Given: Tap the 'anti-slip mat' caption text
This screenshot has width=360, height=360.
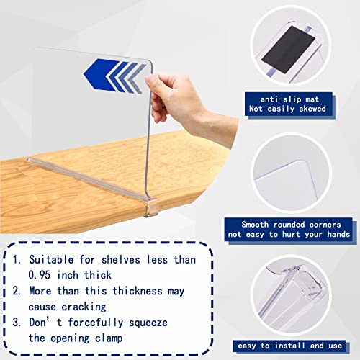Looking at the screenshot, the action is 289,99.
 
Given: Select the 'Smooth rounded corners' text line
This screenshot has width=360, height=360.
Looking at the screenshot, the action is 291,225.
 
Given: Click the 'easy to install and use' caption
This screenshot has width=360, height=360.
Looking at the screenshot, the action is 289,346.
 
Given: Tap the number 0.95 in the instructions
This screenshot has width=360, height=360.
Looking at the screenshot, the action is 40,275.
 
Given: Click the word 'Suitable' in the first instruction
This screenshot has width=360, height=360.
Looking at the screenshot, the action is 51,260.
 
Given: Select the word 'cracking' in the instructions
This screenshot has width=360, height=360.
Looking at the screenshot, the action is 84,307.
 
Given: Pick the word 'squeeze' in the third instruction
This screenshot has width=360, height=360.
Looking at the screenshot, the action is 148,323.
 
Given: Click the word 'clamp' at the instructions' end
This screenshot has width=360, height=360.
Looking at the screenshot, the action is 109,338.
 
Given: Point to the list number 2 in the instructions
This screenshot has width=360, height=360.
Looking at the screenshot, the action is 17,291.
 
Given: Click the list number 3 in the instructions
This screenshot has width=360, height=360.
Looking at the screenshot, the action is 17,323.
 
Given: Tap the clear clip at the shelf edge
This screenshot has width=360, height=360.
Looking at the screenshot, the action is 150,207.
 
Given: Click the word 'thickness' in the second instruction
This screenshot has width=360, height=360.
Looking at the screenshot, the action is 138,291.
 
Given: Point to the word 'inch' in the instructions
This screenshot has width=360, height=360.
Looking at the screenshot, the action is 68,275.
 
